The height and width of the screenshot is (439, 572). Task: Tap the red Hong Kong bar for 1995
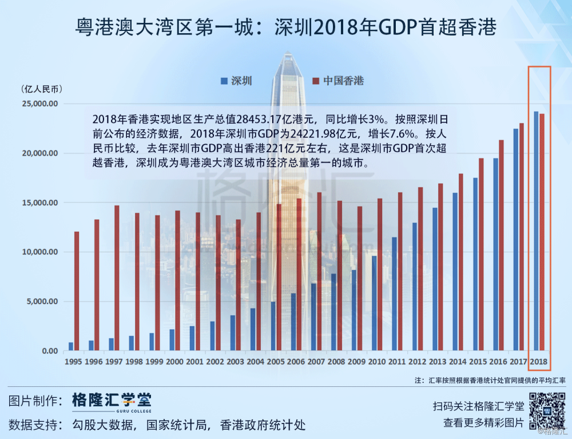pyautogui.click(x=77, y=291)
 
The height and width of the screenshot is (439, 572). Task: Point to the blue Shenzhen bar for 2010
pyautogui.click(x=374, y=303)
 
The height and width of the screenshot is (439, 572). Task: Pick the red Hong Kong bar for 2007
pyautogui.click(x=320, y=271)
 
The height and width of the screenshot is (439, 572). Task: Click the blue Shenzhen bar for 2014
pyautogui.click(x=455, y=271)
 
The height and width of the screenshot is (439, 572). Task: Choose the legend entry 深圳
pyautogui.click(x=236, y=81)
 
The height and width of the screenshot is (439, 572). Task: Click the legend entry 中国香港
pyautogui.click(x=338, y=81)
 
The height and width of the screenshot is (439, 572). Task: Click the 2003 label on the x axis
pyautogui.click(x=235, y=362)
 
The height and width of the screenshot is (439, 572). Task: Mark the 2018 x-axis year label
pyautogui.click(x=539, y=362)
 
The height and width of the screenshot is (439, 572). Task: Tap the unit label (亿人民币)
pyautogui.click(x=42, y=89)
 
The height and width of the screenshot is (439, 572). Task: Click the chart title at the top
pyautogui.click(x=285, y=26)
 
